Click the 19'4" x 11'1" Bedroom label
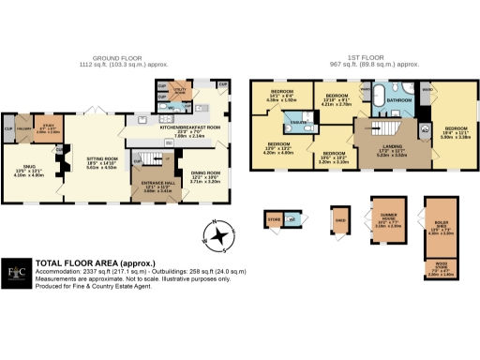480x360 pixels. tap(456, 133)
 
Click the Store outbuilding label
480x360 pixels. tap(275, 220)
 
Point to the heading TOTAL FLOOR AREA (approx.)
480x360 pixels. tap(95, 263)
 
